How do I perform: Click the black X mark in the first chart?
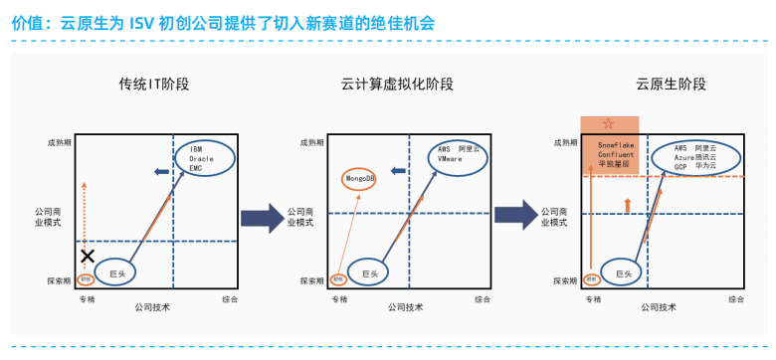click(x=88, y=257)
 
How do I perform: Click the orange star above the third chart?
click(x=608, y=124)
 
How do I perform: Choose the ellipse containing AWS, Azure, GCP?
click(x=694, y=157)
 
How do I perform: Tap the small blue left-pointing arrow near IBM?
click(x=160, y=173)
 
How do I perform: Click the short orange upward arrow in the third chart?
click(x=626, y=204)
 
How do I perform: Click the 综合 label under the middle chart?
click(x=482, y=298)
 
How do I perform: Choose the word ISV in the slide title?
click(x=142, y=23)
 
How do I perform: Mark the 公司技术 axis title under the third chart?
click(x=661, y=308)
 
